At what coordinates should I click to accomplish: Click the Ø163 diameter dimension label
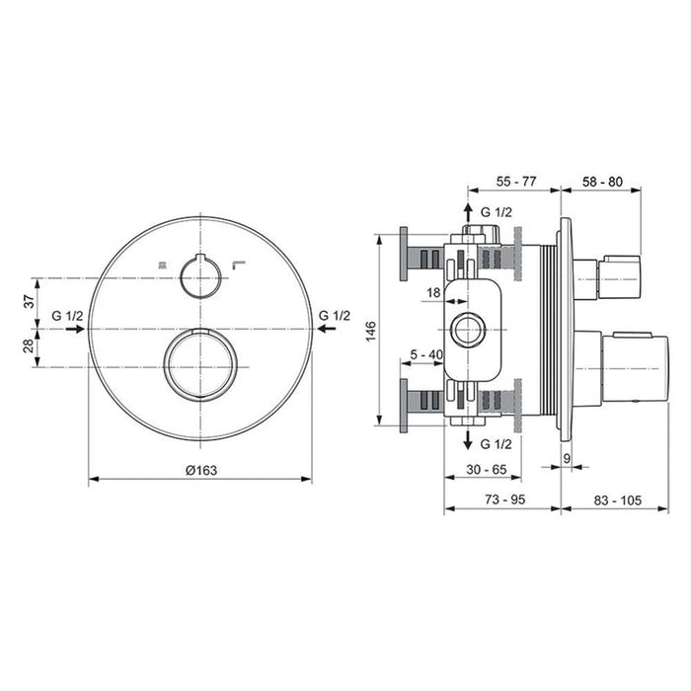[201, 470]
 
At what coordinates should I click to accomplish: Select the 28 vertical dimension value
[29, 345]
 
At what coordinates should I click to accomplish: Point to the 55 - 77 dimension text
[514, 183]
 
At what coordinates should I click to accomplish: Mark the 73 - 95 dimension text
[503, 500]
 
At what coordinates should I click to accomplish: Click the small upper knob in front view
[200, 274]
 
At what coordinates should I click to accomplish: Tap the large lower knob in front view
[200, 362]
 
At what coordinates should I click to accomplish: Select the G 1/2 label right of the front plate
[335, 315]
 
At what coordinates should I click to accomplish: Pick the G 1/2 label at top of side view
[496, 212]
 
